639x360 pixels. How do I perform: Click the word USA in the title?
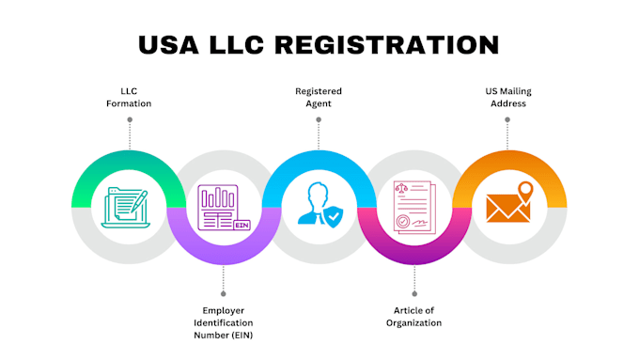pos(169,44)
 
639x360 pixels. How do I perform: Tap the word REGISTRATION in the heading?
pos(387,44)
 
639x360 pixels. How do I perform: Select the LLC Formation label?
pos(129,97)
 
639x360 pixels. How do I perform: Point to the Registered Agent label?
pos(319,97)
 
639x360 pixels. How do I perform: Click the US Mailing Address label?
pos(508,97)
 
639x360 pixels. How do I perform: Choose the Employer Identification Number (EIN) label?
pos(224,322)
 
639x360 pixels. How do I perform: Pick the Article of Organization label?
pos(414,317)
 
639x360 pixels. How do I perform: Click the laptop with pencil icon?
pos(126,207)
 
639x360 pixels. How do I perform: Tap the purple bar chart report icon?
pos(224,208)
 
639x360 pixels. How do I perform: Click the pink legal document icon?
pos(414,207)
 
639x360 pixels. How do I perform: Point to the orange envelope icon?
pos(507,209)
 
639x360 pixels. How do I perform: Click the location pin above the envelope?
pos(525,193)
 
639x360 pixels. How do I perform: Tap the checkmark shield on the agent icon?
pos(334,216)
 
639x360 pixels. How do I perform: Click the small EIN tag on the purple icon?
pos(242,225)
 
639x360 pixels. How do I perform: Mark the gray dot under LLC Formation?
pos(130,119)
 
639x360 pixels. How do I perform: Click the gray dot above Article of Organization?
pos(414,293)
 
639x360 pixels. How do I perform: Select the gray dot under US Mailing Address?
pos(507,119)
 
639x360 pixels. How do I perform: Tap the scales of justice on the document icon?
pos(401,188)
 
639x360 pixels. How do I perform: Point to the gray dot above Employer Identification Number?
pos(224,293)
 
